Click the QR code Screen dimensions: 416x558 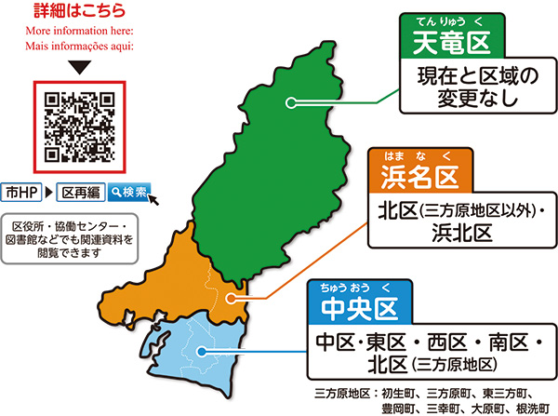coord(79,124)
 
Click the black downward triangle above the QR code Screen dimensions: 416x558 coord(79,68)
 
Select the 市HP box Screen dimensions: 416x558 coord(20,193)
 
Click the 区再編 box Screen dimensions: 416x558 coord(79,193)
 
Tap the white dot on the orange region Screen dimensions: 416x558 coord(232,299)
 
